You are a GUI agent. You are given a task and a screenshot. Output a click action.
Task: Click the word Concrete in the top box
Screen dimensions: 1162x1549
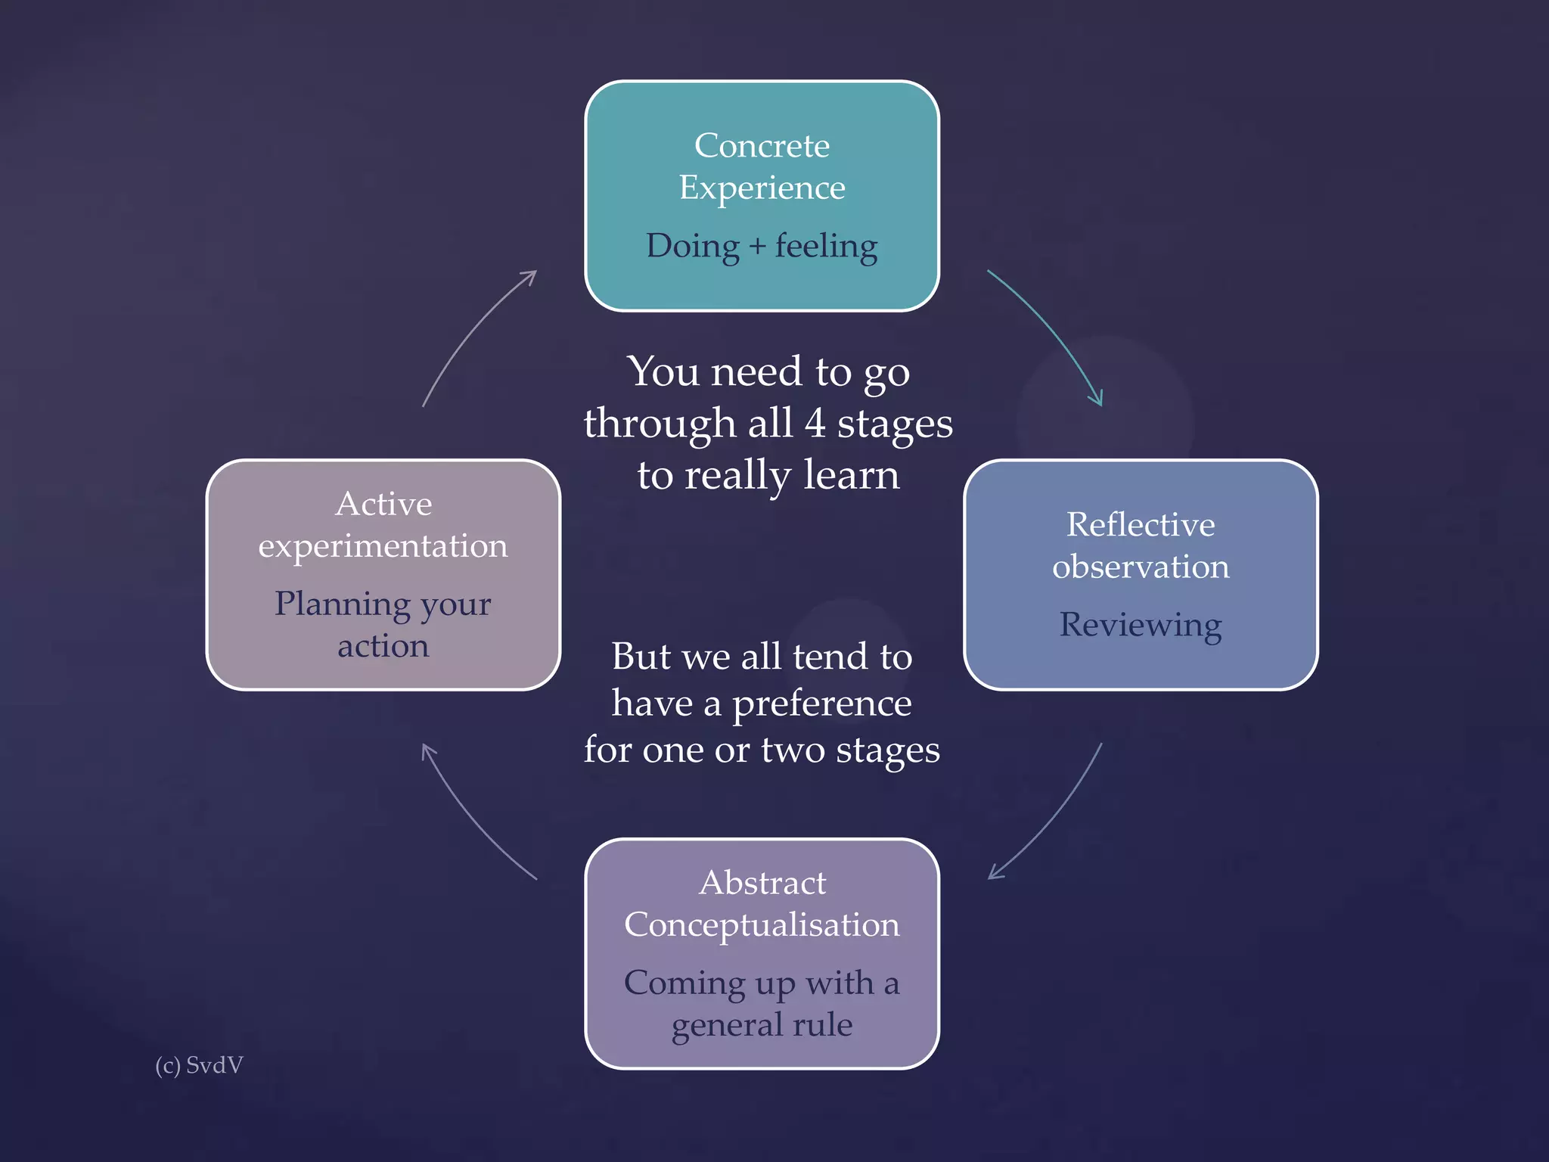coord(762,145)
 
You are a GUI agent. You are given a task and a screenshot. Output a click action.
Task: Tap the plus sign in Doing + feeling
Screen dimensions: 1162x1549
coord(757,247)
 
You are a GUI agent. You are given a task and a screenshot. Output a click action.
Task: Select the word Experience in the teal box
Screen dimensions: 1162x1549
coord(762,188)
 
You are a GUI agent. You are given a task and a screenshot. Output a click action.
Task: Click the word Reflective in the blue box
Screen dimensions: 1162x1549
coord(1141,524)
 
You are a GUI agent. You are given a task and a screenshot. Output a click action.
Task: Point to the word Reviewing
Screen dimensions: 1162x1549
coord(1141,626)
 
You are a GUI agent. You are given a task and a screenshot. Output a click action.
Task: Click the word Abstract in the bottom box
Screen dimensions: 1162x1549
coord(762,883)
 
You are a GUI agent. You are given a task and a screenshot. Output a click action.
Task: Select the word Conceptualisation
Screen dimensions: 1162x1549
coord(762,925)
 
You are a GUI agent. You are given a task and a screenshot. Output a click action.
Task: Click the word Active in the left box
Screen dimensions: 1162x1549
coord(383,504)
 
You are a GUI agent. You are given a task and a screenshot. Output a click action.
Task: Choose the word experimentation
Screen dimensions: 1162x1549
coord(383,546)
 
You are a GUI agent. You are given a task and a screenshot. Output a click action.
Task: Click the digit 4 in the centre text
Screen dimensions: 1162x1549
coord(815,423)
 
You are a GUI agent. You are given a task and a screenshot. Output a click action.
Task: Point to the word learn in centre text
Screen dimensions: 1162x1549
coord(852,475)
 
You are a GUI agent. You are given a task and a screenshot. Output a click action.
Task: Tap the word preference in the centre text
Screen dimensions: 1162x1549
coord(822,704)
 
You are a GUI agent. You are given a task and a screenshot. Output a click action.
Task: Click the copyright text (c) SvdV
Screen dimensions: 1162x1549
coord(199,1065)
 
